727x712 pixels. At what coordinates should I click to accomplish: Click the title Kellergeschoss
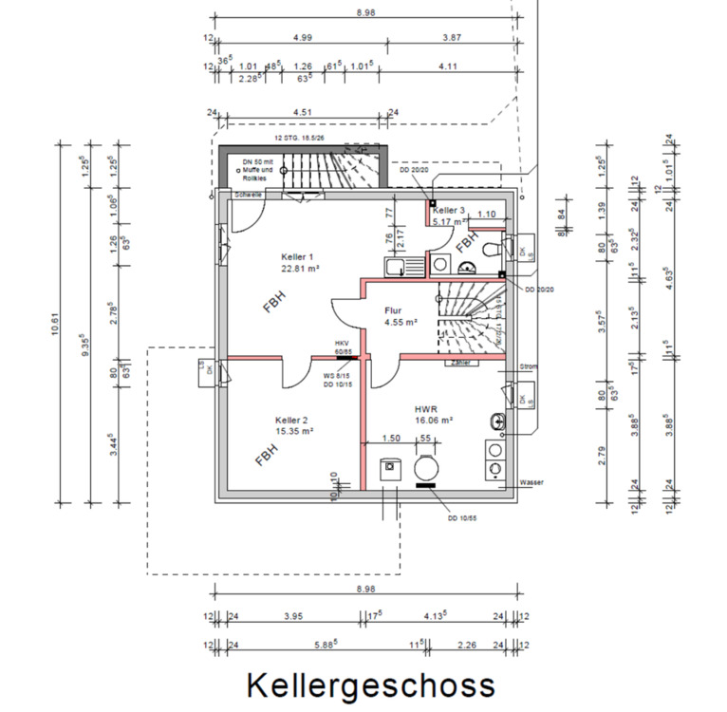tap(371, 684)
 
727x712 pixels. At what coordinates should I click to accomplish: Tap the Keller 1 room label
tap(299, 257)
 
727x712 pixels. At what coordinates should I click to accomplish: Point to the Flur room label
tap(394, 310)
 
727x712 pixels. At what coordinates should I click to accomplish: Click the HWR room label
tap(424, 408)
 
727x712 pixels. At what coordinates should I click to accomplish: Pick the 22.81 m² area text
tap(300, 269)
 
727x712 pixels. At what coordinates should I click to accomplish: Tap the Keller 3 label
tap(449, 210)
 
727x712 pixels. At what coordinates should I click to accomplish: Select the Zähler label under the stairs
tap(462, 362)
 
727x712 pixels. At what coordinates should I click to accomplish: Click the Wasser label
tap(531, 482)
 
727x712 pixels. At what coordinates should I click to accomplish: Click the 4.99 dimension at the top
tap(303, 37)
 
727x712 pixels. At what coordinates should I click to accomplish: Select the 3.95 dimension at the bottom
tap(294, 616)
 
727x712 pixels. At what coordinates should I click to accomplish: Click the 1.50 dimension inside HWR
tap(389, 438)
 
